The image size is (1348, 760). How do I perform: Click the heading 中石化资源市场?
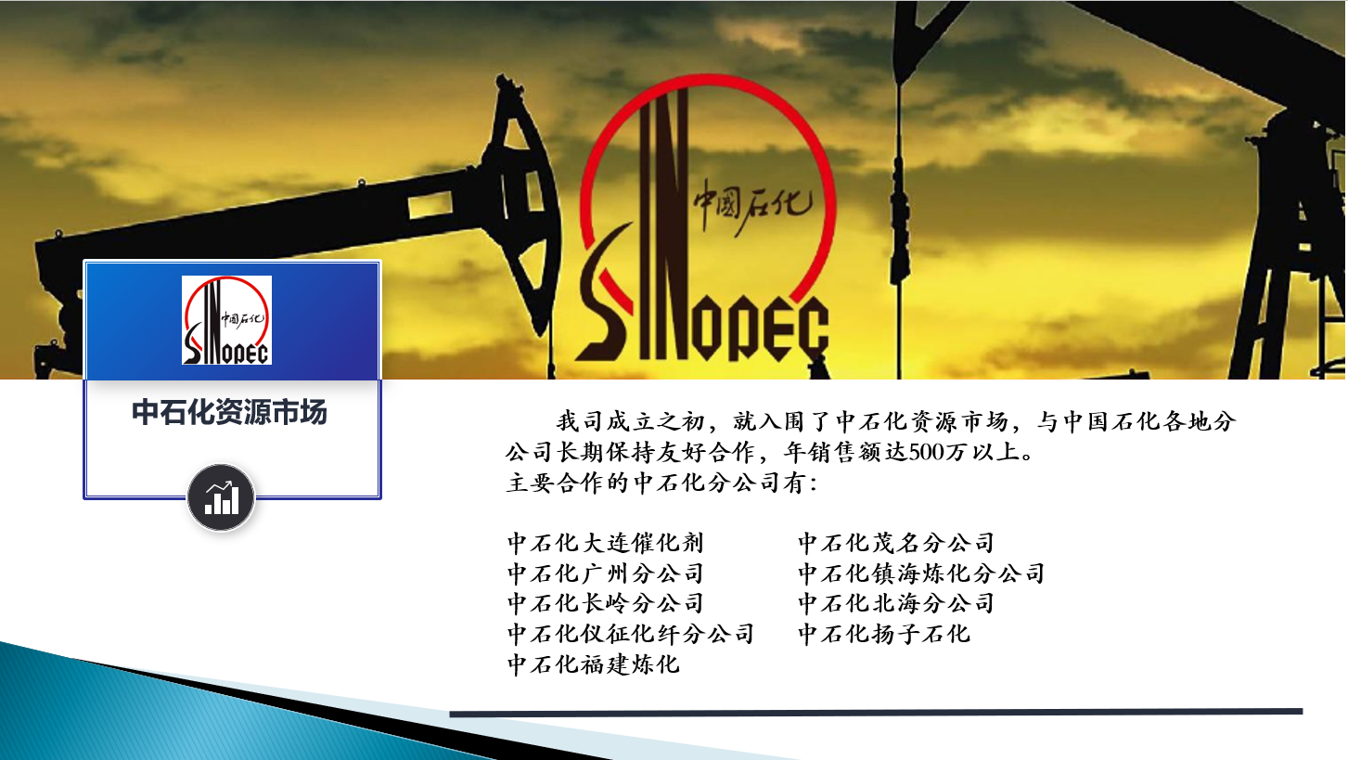coord(229,413)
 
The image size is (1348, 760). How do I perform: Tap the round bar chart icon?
coord(222,497)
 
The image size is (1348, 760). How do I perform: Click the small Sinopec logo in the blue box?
coord(227,320)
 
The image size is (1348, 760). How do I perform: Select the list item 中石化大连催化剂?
coord(606,543)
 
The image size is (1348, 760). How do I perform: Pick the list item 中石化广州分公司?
coord(606,573)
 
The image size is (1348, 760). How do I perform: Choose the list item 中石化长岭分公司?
coord(606,603)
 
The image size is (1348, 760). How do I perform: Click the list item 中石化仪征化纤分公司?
coord(631,634)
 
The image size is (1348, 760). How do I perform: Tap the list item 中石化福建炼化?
coord(594,664)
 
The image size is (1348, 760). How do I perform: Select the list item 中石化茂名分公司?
coord(896,543)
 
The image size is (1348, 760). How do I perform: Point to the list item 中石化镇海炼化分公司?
coord(921,573)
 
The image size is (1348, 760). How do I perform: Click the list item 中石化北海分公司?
coord(896,603)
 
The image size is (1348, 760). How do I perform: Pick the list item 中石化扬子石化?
coord(884,634)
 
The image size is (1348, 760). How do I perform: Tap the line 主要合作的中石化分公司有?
coord(662,483)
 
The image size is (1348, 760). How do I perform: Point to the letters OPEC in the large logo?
coord(760,328)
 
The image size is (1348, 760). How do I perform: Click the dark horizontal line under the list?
coord(876,713)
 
